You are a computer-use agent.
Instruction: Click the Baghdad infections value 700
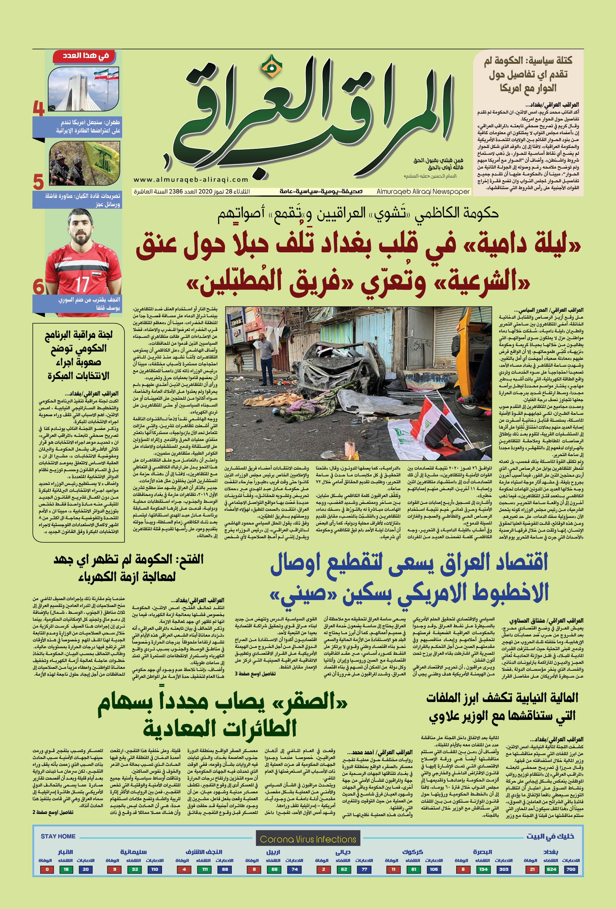click(x=571, y=869)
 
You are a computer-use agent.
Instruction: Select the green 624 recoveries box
click(x=551, y=869)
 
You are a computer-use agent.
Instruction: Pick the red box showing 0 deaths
click(x=47, y=869)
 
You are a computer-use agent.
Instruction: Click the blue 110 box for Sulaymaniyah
click(x=155, y=869)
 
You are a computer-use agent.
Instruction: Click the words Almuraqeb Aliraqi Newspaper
click(x=423, y=191)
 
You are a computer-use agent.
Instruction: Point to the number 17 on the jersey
click(x=82, y=284)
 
